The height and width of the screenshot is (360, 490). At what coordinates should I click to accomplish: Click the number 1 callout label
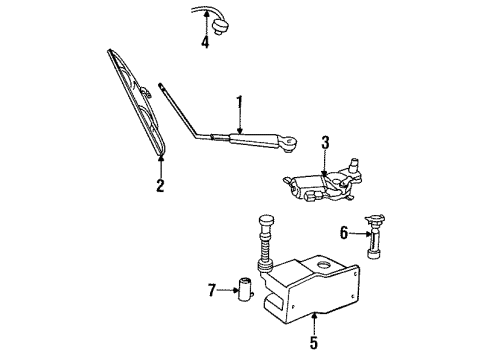[x=239, y=101]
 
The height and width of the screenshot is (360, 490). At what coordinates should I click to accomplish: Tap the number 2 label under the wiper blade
[x=159, y=185]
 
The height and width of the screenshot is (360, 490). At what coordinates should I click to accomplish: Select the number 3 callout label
[x=324, y=143]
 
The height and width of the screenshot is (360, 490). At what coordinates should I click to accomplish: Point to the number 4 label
[x=205, y=42]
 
